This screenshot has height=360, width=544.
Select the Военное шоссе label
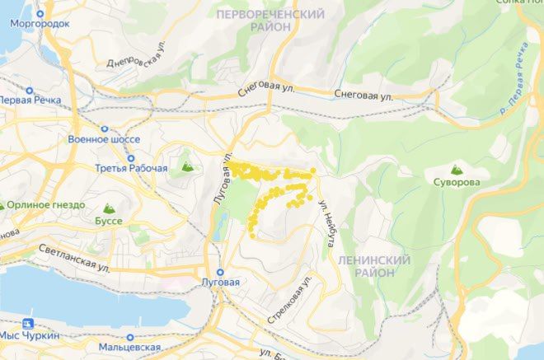[x=105, y=139]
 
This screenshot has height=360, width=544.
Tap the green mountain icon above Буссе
[x=107, y=209]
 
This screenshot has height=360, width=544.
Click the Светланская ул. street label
[x=73, y=260]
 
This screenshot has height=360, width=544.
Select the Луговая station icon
[x=220, y=272]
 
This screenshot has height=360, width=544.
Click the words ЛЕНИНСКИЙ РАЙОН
[x=373, y=265]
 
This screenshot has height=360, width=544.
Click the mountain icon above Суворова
[x=450, y=167]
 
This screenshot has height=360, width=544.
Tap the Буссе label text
[x=108, y=222]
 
